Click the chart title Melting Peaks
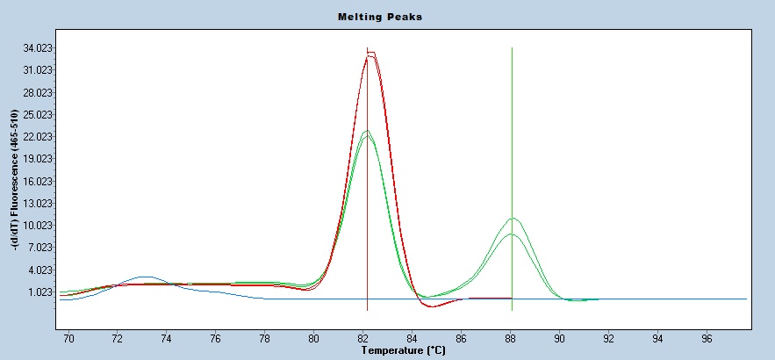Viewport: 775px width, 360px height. (x=380, y=17)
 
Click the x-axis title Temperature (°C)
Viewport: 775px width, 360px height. (x=404, y=350)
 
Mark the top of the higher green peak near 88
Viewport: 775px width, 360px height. (x=513, y=218)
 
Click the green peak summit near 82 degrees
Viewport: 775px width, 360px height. (x=368, y=131)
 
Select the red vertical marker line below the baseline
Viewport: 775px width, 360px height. (x=367, y=305)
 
